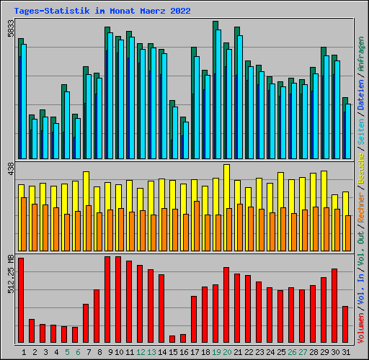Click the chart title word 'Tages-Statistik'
[52, 11]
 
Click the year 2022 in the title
[180, 11]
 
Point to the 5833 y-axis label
[11, 28]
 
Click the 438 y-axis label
[11, 168]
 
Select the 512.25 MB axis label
[11, 274]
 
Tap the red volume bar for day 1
[21, 300]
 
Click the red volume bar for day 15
[172, 339]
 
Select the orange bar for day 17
[197, 226]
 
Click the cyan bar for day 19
[218, 94]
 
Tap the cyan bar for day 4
[56, 141]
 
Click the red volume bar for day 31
[345, 324]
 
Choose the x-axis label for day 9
[110, 352]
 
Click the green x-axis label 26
[292, 352]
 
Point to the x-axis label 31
[346, 352]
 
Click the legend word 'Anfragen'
[360, 54]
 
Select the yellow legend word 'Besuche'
[360, 168]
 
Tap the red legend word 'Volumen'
[360, 328]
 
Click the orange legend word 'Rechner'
[360, 207]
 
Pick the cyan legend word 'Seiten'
[360, 132]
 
